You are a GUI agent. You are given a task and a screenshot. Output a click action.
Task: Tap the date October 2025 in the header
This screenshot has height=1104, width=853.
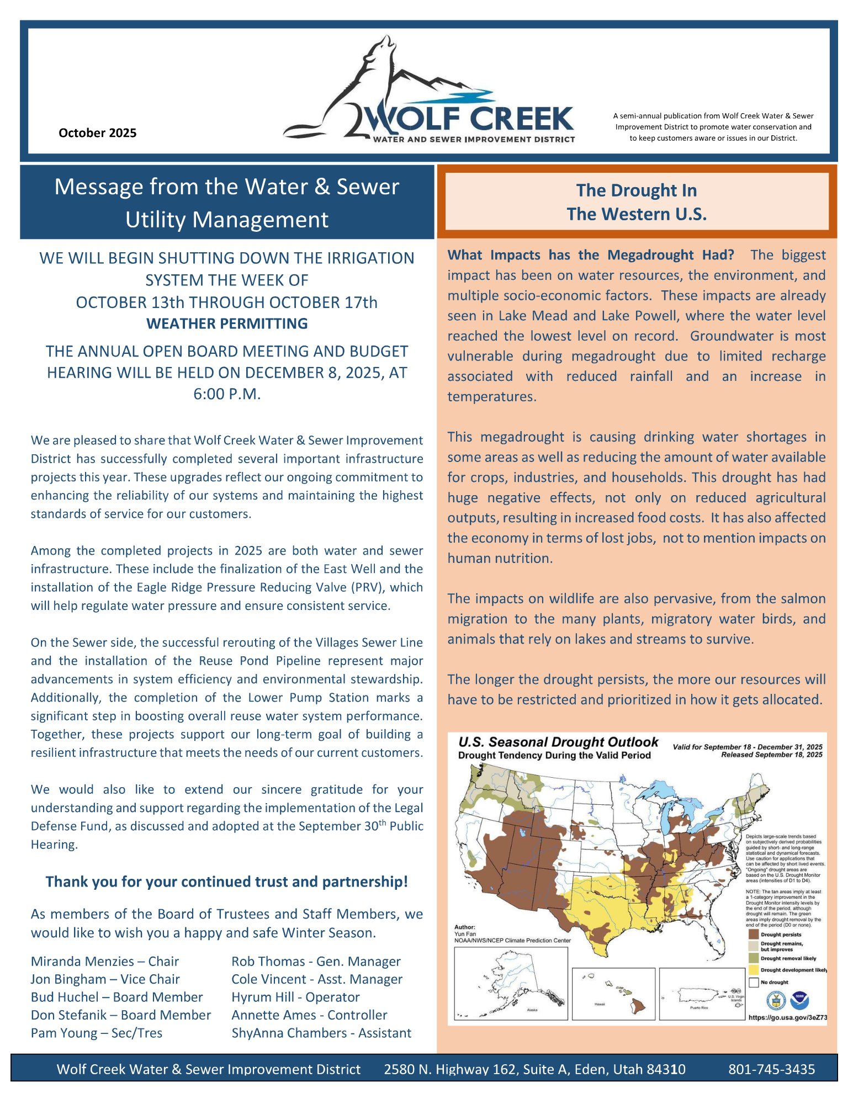click(x=97, y=133)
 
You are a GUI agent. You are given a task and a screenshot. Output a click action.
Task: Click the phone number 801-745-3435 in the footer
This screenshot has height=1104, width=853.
click(x=771, y=1069)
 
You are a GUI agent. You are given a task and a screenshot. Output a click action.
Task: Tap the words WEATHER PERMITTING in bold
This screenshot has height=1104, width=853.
click(x=227, y=323)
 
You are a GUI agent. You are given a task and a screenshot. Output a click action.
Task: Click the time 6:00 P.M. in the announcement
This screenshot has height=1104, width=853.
click(x=227, y=394)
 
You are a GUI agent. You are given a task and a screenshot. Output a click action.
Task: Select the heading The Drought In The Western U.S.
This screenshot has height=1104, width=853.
click(x=637, y=202)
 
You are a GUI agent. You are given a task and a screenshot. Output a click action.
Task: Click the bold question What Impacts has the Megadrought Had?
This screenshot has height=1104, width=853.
click(x=591, y=255)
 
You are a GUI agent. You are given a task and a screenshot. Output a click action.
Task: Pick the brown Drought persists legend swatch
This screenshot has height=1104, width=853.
click(x=753, y=935)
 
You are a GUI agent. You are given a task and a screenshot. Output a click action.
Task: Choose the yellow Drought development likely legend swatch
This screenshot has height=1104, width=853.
click(x=753, y=970)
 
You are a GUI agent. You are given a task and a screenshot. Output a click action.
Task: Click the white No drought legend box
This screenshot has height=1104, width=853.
click(x=753, y=983)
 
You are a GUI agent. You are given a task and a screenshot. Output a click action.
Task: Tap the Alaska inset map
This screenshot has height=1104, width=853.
click(x=511, y=983)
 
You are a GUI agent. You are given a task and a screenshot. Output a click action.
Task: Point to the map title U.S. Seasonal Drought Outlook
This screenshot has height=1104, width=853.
click(x=558, y=742)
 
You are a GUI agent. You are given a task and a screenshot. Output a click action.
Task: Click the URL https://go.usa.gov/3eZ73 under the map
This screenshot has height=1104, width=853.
click(x=787, y=1017)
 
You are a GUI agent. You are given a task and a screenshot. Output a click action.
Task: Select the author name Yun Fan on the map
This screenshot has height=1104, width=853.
click(x=464, y=933)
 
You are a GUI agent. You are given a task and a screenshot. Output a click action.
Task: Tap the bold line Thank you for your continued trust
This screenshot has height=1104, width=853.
click(x=227, y=882)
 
